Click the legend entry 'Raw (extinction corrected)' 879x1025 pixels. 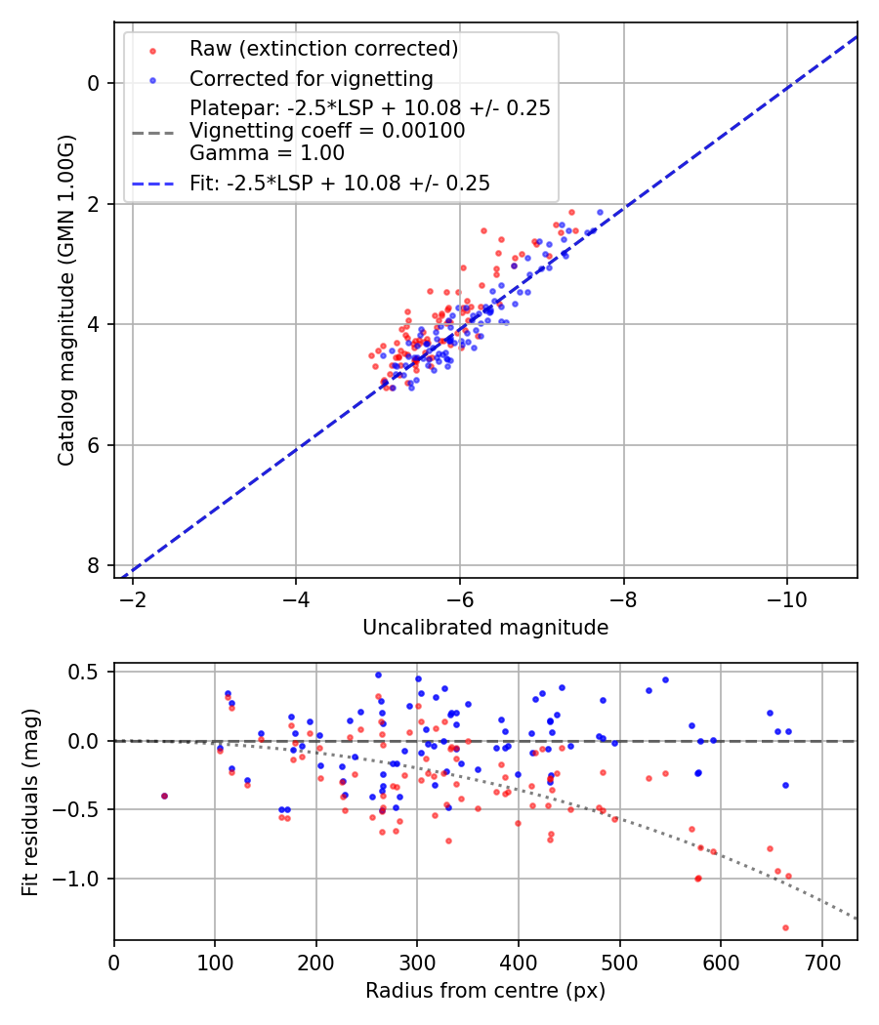[323, 49]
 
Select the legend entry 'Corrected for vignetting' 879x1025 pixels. [311, 78]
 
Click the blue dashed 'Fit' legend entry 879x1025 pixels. [340, 183]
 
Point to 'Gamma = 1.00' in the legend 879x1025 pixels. [267, 152]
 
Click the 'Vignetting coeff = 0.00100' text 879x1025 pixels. [327, 131]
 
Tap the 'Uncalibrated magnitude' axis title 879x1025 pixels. [485, 628]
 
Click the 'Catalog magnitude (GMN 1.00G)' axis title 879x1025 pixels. [65, 300]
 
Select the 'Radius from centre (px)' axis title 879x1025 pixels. [485, 991]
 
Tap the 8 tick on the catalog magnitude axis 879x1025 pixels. [94, 566]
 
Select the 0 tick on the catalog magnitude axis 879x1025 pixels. [94, 83]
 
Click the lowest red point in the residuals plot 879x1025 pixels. [785, 927]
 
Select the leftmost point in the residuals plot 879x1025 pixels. [164, 796]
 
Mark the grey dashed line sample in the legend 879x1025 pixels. [152, 132]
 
